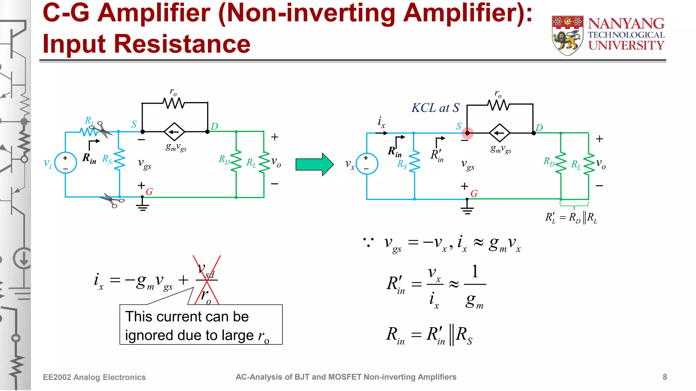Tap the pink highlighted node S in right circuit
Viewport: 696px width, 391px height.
[x=467, y=133]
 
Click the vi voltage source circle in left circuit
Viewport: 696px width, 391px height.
[x=65, y=163]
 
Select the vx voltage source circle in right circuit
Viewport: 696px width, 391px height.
[x=367, y=164]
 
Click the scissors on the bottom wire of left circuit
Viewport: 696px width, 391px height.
[x=112, y=201]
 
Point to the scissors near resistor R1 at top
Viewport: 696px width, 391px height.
[x=103, y=129]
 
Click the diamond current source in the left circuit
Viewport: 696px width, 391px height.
[x=174, y=132]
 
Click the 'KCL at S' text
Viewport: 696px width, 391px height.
[x=435, y=108]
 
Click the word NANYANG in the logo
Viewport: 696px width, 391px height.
[x=626, y=24]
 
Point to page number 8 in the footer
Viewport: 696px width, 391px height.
[x=664, y=377]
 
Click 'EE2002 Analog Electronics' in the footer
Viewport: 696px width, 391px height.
[x=94, y=377]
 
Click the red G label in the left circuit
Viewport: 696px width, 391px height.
[x=149, y=192]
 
